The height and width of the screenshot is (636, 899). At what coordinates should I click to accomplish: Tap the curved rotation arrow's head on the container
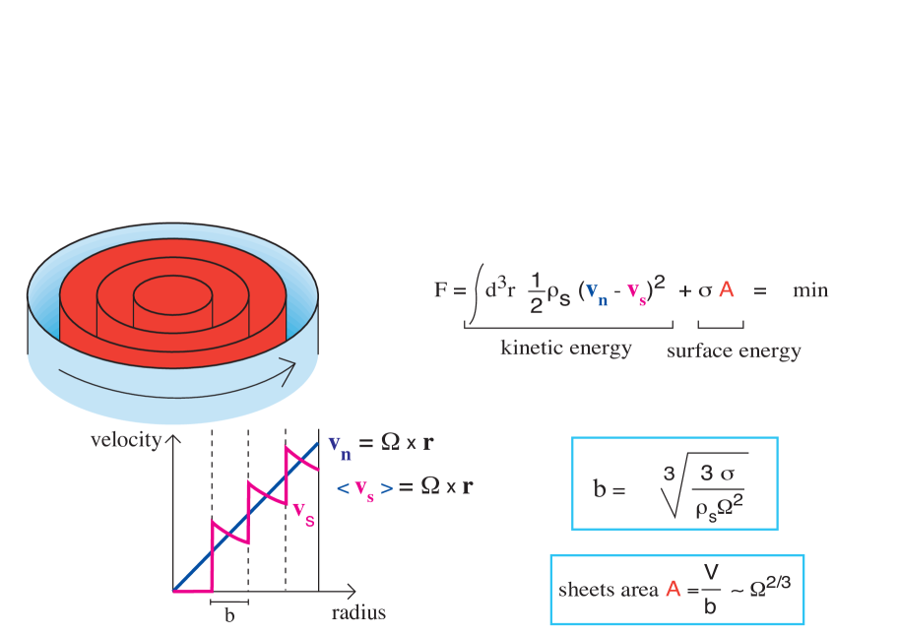coord(290,372)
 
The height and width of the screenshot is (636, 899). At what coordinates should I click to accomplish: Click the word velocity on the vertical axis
coord(125,440)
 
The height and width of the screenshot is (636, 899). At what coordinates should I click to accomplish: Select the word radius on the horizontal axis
coord(358,612)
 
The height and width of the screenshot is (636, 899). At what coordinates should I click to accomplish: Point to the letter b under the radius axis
coord(229,615)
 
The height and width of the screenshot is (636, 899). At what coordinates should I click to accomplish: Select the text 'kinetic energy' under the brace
coord(566,348)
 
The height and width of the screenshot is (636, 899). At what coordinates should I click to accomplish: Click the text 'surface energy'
coord(734,350)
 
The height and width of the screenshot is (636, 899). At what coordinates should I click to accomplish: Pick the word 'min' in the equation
coord(810,290)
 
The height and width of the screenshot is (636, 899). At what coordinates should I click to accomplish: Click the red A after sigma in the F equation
coord(727,289)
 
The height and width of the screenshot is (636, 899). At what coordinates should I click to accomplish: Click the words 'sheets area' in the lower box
coord(609,590)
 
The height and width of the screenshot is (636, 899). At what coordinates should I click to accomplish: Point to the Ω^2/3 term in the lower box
coord(772,586)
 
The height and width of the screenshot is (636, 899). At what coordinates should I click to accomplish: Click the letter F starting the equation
coord(441,290)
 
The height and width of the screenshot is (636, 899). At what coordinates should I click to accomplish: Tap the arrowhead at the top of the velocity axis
coord(174,439)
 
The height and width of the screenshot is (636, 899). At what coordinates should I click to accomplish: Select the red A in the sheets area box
coord(674,590)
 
